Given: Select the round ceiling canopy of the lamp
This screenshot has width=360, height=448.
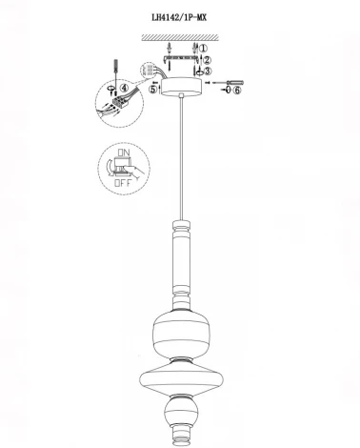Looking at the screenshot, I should point(180,85).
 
